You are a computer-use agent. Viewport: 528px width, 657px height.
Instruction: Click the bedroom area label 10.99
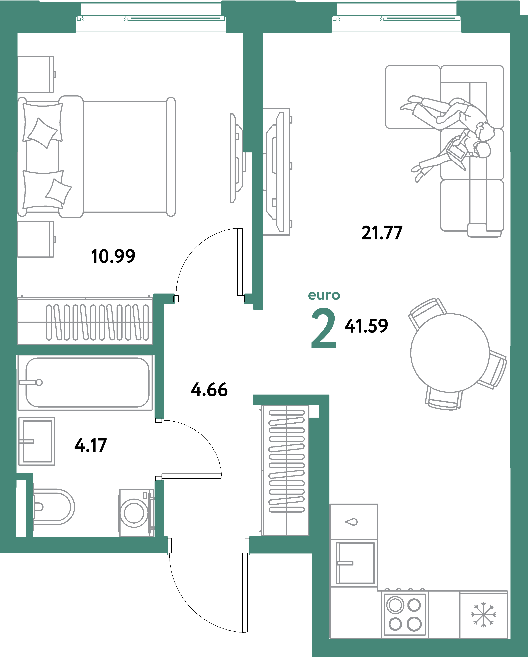pyautogui.click(x=113, y=256)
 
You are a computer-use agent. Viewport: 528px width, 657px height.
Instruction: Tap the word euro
pyautogui.click(x=324, y=295)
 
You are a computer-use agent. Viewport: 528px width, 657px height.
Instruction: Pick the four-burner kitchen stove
pyautogui.click(x=404, y=614)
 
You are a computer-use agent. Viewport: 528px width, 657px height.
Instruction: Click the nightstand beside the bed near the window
pyautogui.click(x=36, y=74)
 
